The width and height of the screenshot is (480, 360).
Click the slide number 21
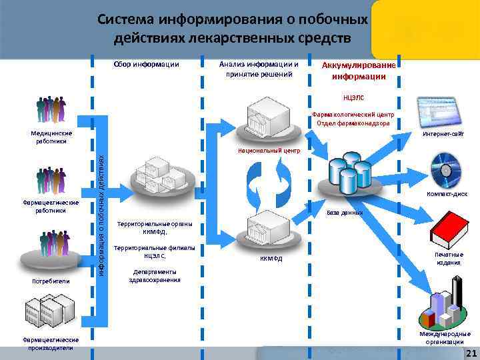pos(470,353)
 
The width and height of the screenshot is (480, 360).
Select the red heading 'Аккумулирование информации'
pos(359,71)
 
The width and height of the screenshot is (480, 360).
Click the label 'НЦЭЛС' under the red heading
pos(353,97)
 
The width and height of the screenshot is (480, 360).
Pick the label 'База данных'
pos(344,213)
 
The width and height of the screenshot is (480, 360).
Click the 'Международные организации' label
pos(445,337)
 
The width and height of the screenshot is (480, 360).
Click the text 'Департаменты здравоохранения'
pos(155,275)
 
